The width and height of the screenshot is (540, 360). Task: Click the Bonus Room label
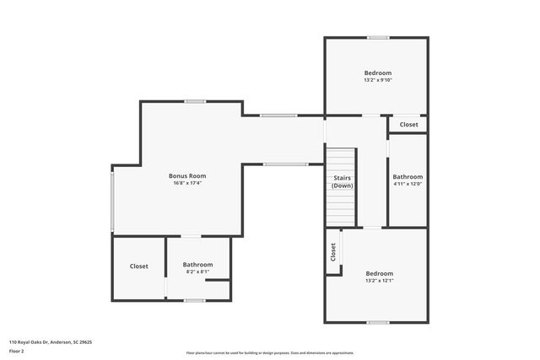pos(187,175)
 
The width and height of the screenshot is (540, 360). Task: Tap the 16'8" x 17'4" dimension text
pos(187,183)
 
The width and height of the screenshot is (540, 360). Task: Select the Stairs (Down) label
pos(342,181)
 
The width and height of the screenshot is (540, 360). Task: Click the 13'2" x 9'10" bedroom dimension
pos(377,80)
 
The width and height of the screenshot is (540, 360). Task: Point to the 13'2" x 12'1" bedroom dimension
pos(379,281)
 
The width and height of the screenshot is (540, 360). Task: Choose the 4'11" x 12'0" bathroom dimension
pos(407,184)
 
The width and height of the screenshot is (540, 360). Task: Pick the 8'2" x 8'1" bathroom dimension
pos(198,272)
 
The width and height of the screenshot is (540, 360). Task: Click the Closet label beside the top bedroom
pos(408,125)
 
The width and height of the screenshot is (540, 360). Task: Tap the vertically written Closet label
pos(333,251)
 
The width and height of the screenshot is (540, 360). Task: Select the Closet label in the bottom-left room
pos(138,266)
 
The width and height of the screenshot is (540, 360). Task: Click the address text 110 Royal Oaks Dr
pos(51,342)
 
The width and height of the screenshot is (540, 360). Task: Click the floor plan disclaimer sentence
pos(270,352)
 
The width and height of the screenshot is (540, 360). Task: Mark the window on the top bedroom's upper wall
pos(377,37)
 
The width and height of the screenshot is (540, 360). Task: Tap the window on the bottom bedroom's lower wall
pos(377,322)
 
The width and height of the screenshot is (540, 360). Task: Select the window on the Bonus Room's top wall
pos(196,102)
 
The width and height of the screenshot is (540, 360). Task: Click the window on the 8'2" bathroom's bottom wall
pos(194,300)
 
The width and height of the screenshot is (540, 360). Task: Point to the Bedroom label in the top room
pos(377,73)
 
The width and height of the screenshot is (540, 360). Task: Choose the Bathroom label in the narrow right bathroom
pos(407,176)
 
